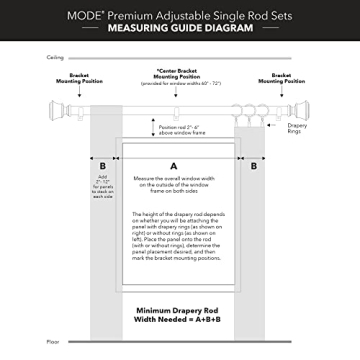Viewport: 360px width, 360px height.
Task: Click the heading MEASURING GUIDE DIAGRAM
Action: [180, 30]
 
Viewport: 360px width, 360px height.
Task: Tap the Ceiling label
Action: [57, 59]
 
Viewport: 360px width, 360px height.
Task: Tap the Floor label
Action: [54, 341]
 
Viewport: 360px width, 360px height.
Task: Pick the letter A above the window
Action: [174, 163]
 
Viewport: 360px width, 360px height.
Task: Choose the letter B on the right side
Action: [254, 164]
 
